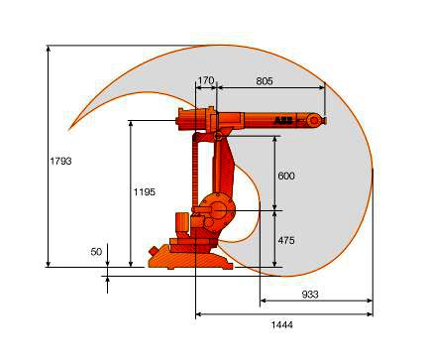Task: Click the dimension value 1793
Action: [60, 161]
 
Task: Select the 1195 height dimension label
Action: [145, 192]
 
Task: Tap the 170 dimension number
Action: [206, 80]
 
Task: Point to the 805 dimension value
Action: [265, 80]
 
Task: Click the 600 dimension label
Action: [286, 176]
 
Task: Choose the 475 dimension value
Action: [286, 240]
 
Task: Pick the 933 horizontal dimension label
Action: [310, 294]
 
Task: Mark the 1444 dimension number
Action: [282, 324]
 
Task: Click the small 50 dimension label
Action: [96, 252]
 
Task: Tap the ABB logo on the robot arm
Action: [283, 121]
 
